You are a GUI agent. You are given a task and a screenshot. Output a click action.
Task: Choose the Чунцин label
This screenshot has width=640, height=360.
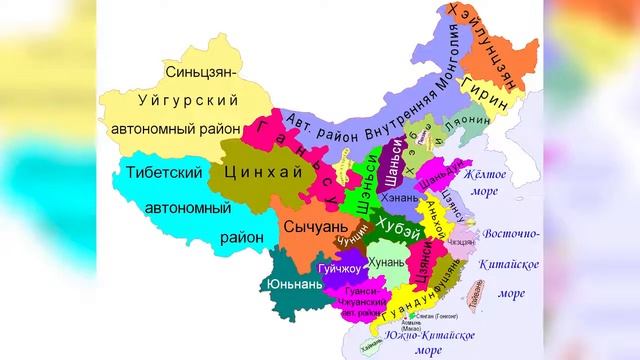tap(352, 241)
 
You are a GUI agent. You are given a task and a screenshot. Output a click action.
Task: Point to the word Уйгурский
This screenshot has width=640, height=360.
tap(182, 100)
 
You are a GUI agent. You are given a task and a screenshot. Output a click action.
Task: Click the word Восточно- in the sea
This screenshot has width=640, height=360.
tap(511, 233)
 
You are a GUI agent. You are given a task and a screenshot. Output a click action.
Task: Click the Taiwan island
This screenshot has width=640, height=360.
tap(476, 288)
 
